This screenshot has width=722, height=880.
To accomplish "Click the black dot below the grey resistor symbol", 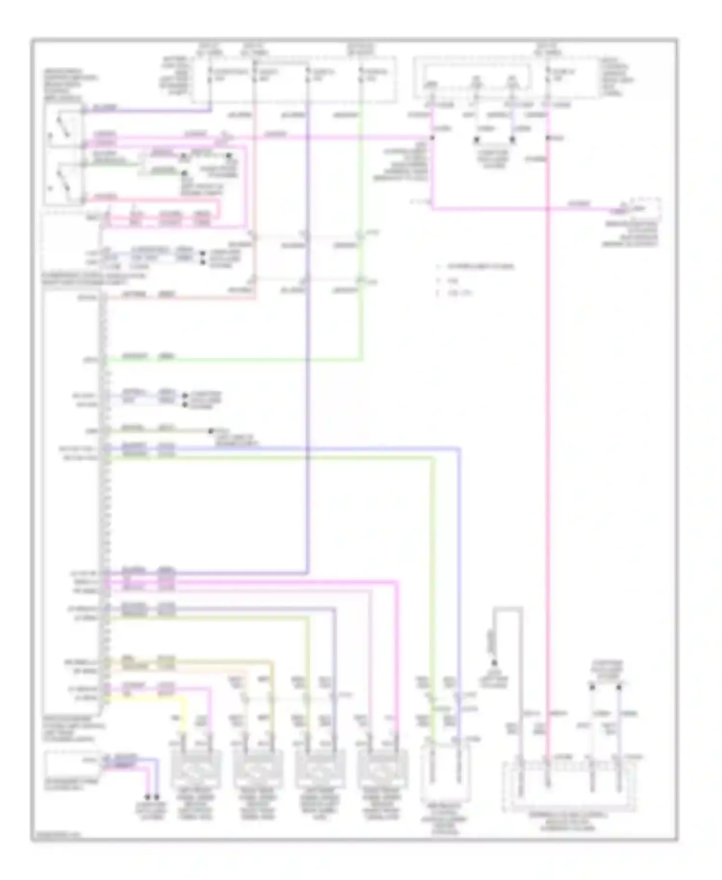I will pyautogui.click(x=493, y=663).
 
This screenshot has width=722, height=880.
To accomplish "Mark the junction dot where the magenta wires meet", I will pyautogui.click(x=432, y=138).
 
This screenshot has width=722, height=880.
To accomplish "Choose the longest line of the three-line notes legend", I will pyautogui.click(x=480, y=266).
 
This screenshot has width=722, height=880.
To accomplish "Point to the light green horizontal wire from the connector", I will pyautogui.click(x=231, y=359).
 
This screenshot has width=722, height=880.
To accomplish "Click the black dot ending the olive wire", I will pyautogui.click(x=210, y=431).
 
